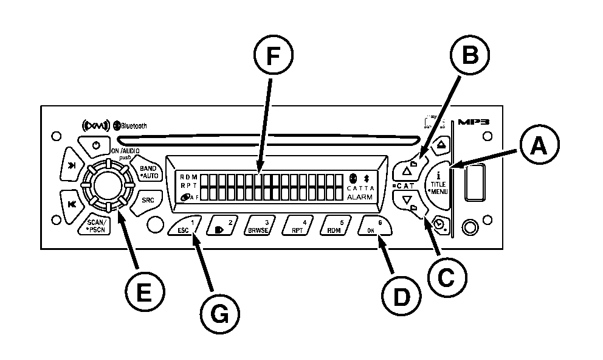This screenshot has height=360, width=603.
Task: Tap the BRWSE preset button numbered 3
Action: [x=263, y=226]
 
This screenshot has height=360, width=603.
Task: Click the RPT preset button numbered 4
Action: [x=299, y=226]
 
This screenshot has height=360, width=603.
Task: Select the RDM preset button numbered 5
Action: [x=336, y=226]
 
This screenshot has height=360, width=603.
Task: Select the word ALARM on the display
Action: [x=359, y=197]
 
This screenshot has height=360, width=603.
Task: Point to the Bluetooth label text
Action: [x=134, y=126]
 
